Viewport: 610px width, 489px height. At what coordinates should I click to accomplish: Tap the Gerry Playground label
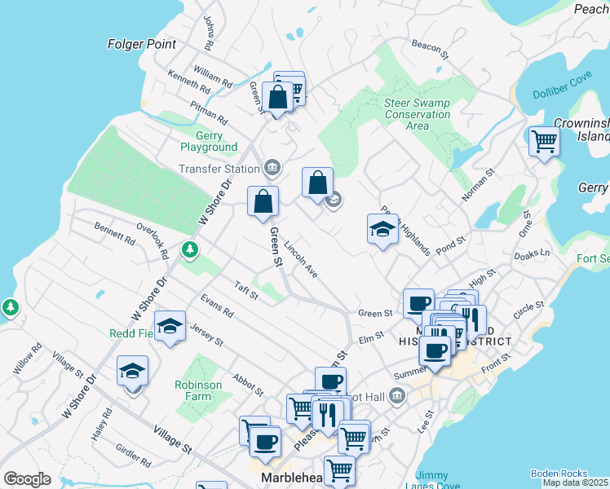[x=210, y=141]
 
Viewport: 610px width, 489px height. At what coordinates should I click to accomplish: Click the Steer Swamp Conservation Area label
[x=417, y=114]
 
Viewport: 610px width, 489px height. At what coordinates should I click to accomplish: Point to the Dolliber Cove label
[x=562, y=95]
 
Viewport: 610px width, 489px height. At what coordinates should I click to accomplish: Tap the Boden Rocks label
[x=559, y=473]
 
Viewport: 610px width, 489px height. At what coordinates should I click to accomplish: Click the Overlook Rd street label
[x=152, y=241]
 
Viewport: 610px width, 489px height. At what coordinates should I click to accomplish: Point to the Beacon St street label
[x=431, y=49]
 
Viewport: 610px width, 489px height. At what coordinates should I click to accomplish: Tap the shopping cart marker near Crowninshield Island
[x=543, y=142]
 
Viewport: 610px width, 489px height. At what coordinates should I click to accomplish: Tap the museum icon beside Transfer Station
[x=272, y=169]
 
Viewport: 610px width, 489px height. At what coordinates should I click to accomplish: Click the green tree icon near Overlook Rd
[x=190, y=248]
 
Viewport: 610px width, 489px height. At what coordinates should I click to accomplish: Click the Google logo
[x=27, y=479]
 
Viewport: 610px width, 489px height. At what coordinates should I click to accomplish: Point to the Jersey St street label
[x=206, y=334]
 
